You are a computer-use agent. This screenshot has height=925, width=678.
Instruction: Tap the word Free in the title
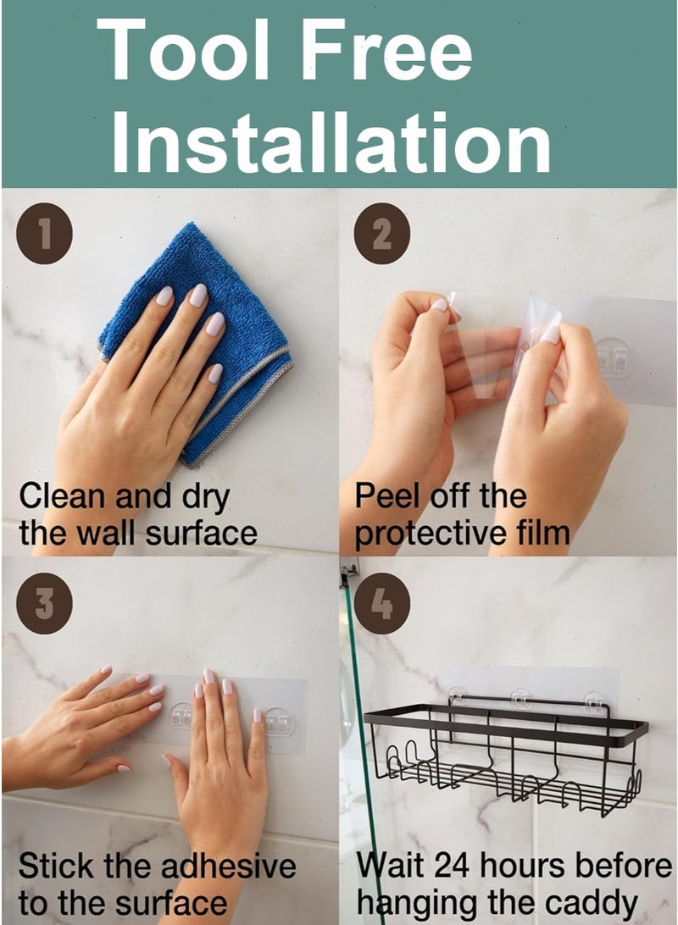[386, 49]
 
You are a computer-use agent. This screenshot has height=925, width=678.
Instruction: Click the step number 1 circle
[45, 234]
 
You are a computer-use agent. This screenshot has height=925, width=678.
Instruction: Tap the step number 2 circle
[381, 234]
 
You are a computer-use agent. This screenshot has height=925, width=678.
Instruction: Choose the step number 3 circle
[45, 603]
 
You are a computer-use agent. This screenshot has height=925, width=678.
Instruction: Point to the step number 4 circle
[381, 603]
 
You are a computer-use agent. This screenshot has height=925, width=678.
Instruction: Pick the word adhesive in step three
[228, 866]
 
